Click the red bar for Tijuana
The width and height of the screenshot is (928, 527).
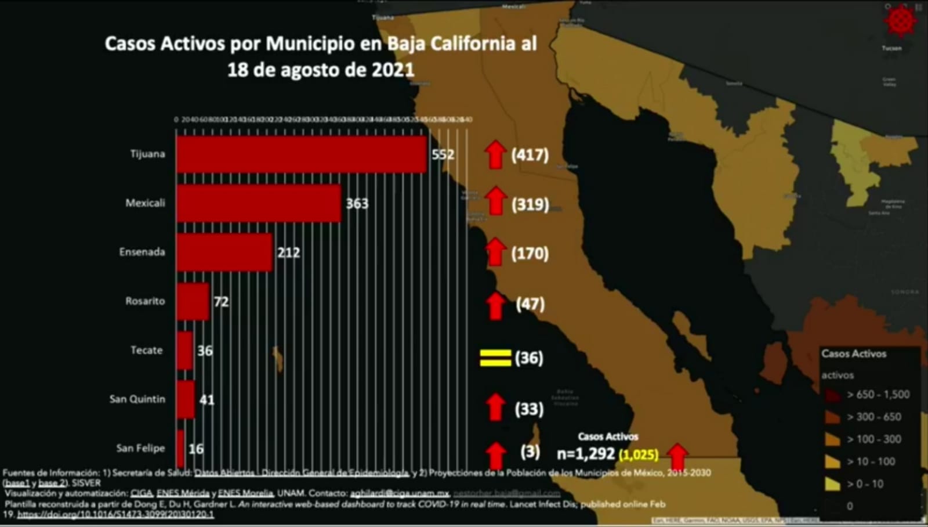click(x=302, y=154)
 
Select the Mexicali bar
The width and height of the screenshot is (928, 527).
click(x=259, y=203)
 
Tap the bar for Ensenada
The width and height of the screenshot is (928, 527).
click(x=224, y=252)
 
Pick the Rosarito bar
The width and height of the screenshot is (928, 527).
click(x=193, y=301)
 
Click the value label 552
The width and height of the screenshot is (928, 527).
click(x=443, y=154)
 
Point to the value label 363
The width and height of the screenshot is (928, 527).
click(x=357, y=203)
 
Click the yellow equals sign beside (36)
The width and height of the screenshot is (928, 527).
click(x=495, y=358)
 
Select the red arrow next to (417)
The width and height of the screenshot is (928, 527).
click(x=495, y=154)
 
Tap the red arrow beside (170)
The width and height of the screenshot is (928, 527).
click(x=495, y=252)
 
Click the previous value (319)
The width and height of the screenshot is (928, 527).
click(x=530, y=204)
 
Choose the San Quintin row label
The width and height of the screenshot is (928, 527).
click(x=137, y=399)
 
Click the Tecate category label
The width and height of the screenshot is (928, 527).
click(x=146, y=350)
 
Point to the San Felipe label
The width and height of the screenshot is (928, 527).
click(x=140, y=448)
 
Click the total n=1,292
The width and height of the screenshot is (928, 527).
click(x=585, y=454)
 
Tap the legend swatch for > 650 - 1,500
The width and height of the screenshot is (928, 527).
click(x=833, y=395)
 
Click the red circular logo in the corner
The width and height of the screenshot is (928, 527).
click(x=900, y=21)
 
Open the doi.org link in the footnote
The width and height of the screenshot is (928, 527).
click(x=115, y=515)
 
